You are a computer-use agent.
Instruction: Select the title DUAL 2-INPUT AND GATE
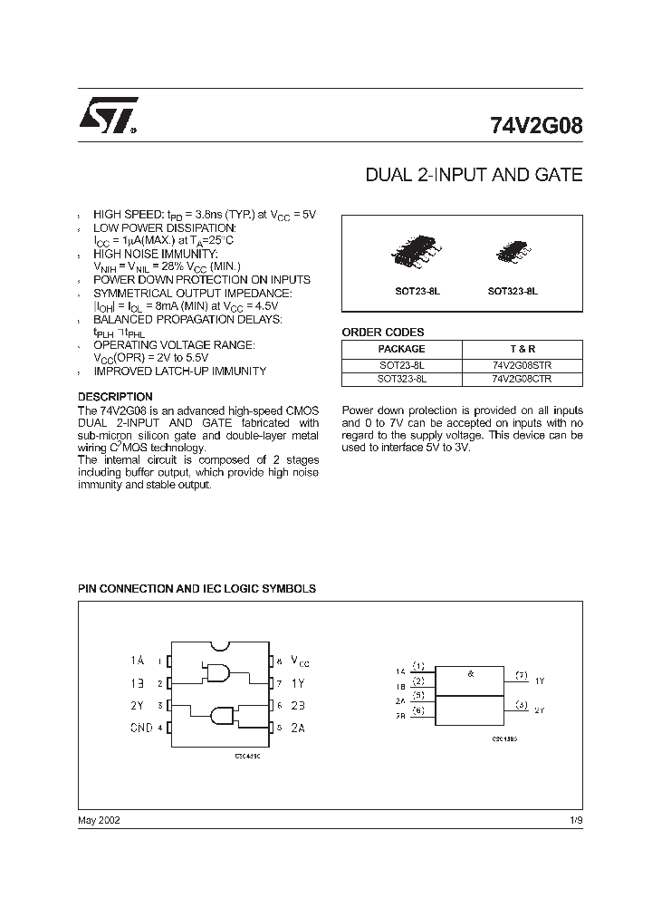tap(473, 175)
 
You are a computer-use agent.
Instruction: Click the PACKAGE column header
tap(401, 349)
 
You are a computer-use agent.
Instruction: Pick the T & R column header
tap(522, 349)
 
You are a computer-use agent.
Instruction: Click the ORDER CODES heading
tap(382, 332)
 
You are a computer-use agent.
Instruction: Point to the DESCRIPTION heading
tap(115, 397)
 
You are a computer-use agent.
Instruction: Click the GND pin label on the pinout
tap(142, 727)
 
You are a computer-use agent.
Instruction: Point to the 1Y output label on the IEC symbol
tap(540, 680)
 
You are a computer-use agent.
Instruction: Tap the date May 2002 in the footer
tap(99, 819)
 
